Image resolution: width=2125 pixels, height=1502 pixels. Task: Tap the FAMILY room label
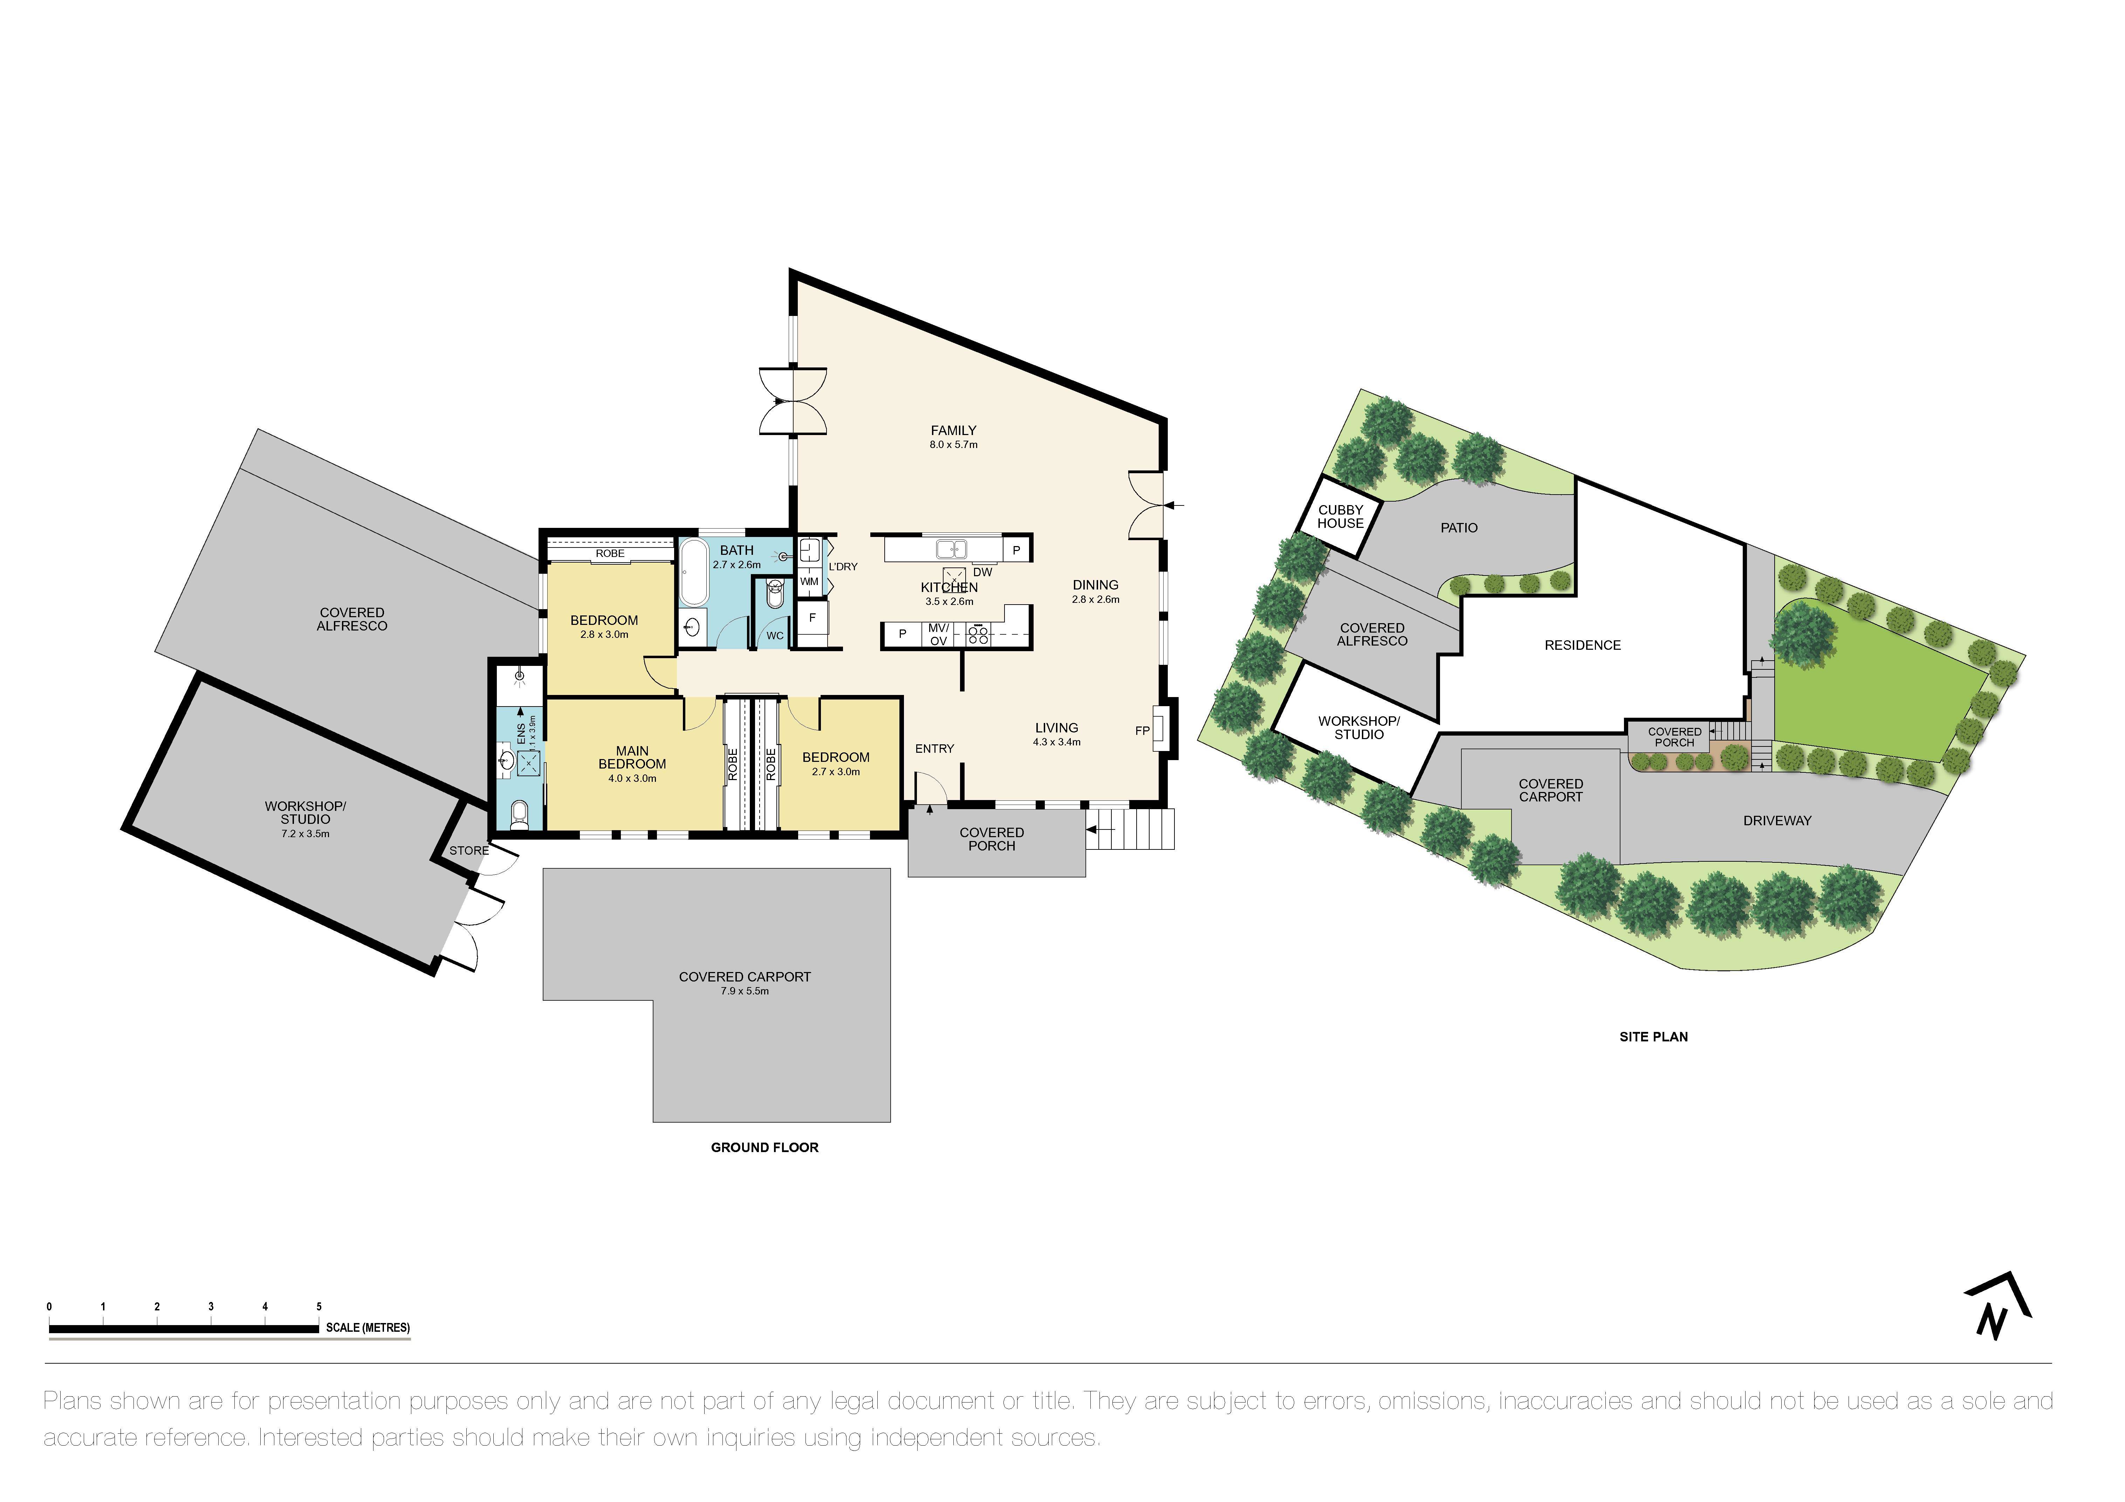click(953, 430)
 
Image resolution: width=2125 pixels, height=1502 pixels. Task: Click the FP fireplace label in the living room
click(1142, 731)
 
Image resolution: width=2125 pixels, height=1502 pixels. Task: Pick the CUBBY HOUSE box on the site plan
click(1340, 516)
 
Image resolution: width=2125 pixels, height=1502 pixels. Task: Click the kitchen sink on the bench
click(952, 549)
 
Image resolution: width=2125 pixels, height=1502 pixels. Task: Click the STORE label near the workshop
click(469, 850)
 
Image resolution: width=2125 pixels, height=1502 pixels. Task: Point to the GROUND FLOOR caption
click(765, 1148)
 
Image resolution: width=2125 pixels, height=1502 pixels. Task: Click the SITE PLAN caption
click(1653, 1036)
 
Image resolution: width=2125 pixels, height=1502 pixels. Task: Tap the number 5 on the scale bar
click(319, 1307)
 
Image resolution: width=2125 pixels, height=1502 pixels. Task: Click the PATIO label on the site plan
click(1459, 528)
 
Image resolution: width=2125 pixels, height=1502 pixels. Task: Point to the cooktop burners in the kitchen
click(978, 635)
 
